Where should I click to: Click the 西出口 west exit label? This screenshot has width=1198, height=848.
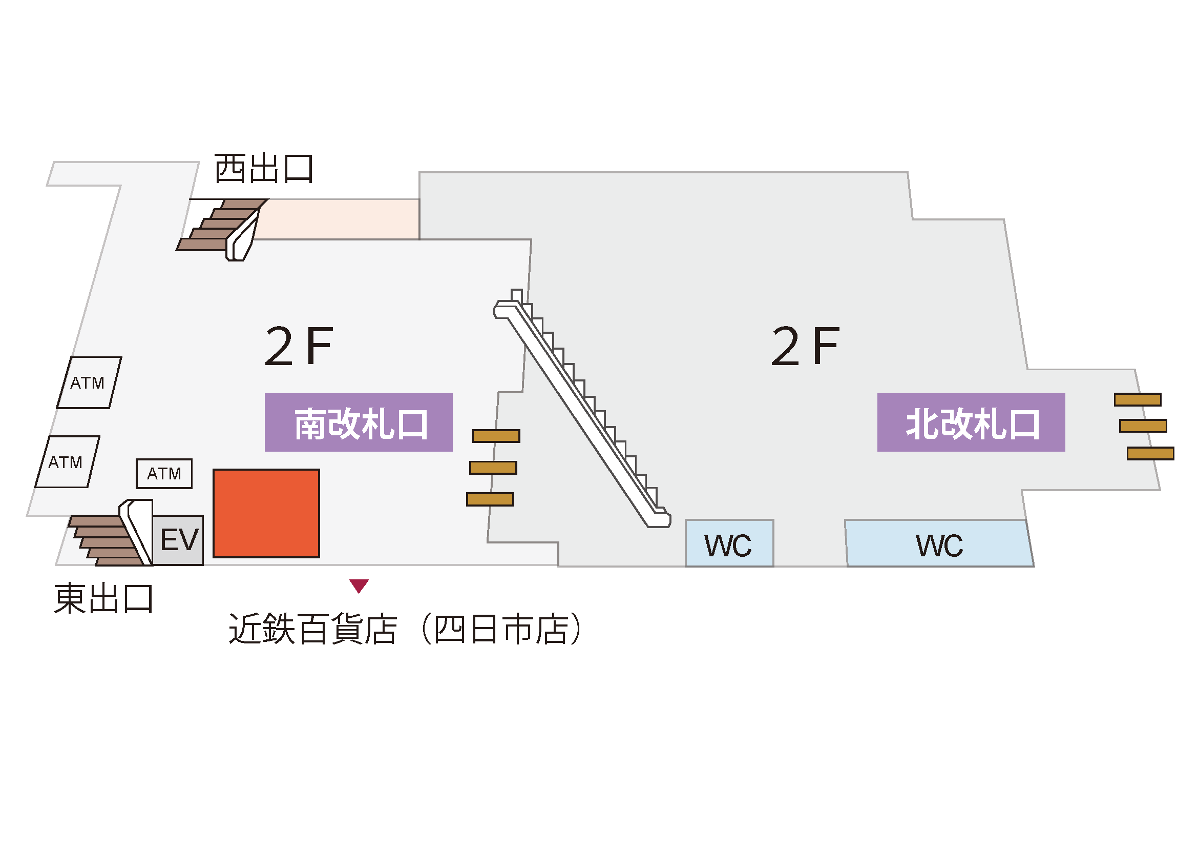263,169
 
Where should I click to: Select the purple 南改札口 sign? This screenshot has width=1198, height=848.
359,422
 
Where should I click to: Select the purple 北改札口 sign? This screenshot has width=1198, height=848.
971,422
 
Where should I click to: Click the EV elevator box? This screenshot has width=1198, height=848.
178,539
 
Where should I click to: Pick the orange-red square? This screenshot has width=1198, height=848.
266,513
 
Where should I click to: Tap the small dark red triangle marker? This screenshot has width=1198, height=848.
359,585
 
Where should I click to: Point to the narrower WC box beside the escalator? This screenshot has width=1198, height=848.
729,543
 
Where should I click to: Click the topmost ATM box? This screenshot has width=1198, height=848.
89,383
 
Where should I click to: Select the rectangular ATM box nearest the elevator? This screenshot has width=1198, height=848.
164,474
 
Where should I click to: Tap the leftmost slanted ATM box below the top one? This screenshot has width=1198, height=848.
67,462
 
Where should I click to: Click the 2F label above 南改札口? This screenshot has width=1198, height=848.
299,346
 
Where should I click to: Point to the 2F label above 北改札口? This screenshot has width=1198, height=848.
805,346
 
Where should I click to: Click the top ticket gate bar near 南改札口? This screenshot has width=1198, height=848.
496,436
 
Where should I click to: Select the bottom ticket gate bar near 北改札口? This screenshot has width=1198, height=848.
1150,453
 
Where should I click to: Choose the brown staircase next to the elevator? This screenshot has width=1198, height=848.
104,541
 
